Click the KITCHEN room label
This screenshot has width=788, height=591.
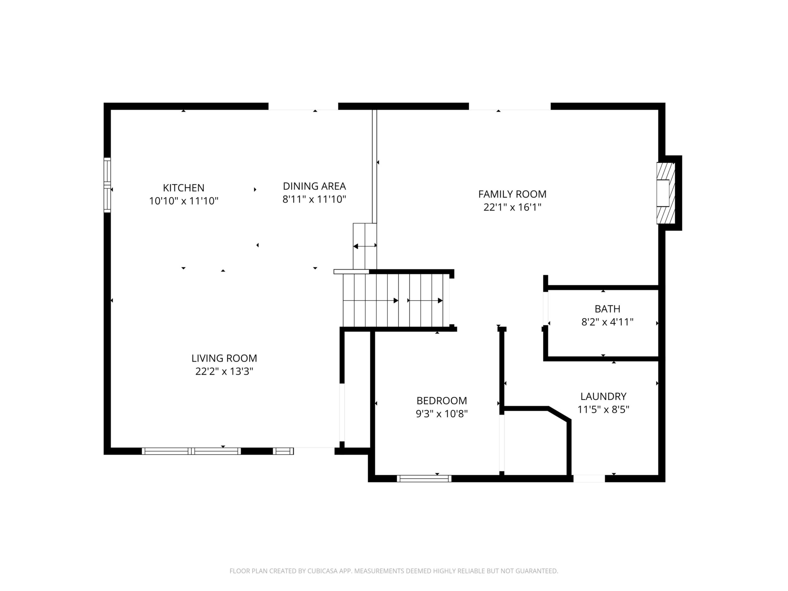(x=183, y=188)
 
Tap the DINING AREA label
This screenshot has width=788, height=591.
(x=314, y=186)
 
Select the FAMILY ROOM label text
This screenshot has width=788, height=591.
(x=512, y=194)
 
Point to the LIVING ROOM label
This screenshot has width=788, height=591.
(x=224, y=358)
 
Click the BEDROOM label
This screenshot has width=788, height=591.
(x=442, y=400)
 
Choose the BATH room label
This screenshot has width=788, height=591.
(x=607, y=308)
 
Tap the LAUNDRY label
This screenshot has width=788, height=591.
(x=603, y=396)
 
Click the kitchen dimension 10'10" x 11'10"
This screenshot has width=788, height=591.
(x=183, y=201)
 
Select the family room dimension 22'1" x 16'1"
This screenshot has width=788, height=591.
(x=512, y=207)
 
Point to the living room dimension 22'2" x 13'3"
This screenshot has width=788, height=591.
(x=224, y=371)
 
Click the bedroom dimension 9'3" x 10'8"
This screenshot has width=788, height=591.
(x=442, y=414)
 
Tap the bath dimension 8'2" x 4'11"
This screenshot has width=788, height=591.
(x=607, y=322)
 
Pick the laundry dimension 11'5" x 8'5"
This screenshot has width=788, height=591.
(x=603, y=409)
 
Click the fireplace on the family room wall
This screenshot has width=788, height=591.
(x=666, y=194)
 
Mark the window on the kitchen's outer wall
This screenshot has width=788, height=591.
(x=107, y=185)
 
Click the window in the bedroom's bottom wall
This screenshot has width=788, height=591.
(x=424, y=478)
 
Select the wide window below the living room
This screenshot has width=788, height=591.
(x=191, y=451)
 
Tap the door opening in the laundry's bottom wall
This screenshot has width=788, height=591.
(x=589, y=478)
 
